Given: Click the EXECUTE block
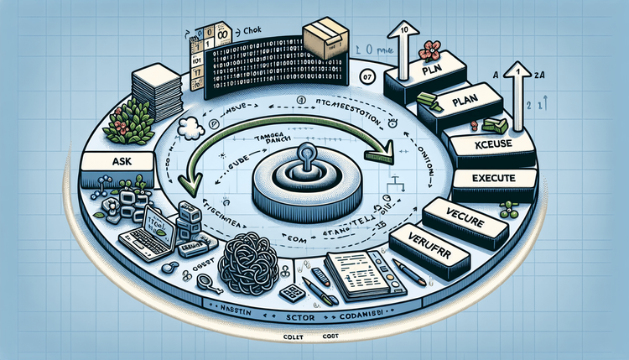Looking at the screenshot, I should click(x=493, y=180).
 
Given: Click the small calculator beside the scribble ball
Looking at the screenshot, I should click(x=291, y=294).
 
